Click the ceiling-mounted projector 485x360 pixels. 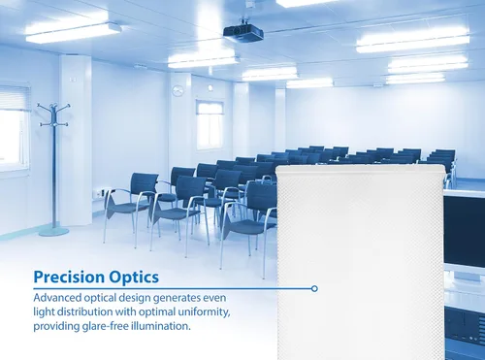pos(242,33)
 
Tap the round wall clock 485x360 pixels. pos(178,91)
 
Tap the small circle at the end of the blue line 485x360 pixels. pos(314,288)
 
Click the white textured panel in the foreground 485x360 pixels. pos(359,262)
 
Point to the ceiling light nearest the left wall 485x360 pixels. pos(73,32)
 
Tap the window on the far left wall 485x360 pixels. pos(13,126)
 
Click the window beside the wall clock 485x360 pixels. pos(210,122)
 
